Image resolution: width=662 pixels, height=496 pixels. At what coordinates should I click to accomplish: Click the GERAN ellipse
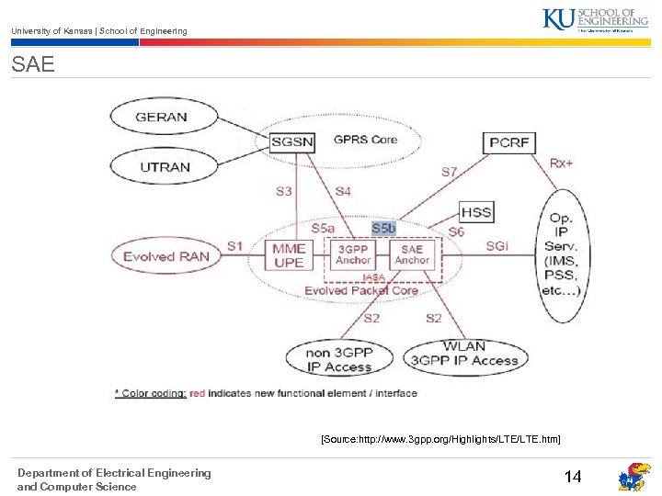pyautogui.click(x=161, y=118)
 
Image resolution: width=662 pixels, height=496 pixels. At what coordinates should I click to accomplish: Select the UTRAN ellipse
pyautogui.click(x=165, y=167)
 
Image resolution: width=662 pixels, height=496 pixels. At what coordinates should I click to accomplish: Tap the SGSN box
pyautogui.click(x=292, y=141)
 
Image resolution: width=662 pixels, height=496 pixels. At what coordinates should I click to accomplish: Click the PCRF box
pyautogui.click(x=508, y=142)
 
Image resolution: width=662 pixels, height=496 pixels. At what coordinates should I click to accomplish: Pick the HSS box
pyautogui.click(x=476, y=212)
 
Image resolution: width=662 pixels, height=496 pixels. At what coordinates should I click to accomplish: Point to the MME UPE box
pyautogui.click(x=289, y=254)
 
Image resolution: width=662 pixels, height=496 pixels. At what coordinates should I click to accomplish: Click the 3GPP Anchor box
pyautogui.click(x=353, y=254)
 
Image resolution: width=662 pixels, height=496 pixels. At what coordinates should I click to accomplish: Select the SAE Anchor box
pyautogui.click(x=412, y=254)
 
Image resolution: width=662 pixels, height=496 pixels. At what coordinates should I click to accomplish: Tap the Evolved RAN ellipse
pyautogui.click(x=166, y=256)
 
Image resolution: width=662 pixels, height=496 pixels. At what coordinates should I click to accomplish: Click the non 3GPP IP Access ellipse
pyautogui.click(x=339, y=359)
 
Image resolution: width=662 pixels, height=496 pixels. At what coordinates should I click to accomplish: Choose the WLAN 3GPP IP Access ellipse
pyautogui.click(x=463, y=355)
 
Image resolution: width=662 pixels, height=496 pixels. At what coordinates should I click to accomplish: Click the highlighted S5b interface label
pyautogui.click(x=383, y=228)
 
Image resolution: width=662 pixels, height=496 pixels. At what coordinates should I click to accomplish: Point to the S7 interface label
pyautogui.click(x=449, y=172)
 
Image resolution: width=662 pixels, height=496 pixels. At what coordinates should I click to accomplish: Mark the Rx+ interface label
pyautogui.click(x=561, y=163)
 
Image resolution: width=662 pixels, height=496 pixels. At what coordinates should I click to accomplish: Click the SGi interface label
pyautogui.click(x=496, y=246)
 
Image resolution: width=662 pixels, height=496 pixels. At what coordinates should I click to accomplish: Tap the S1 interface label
pyautogui.click(x=234, y=245)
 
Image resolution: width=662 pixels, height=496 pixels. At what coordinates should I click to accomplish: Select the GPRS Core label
pyautogui.click(x=365, y=140)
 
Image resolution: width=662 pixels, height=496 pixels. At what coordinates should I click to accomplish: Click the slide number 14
pyautogui.click(x=572, y=477)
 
